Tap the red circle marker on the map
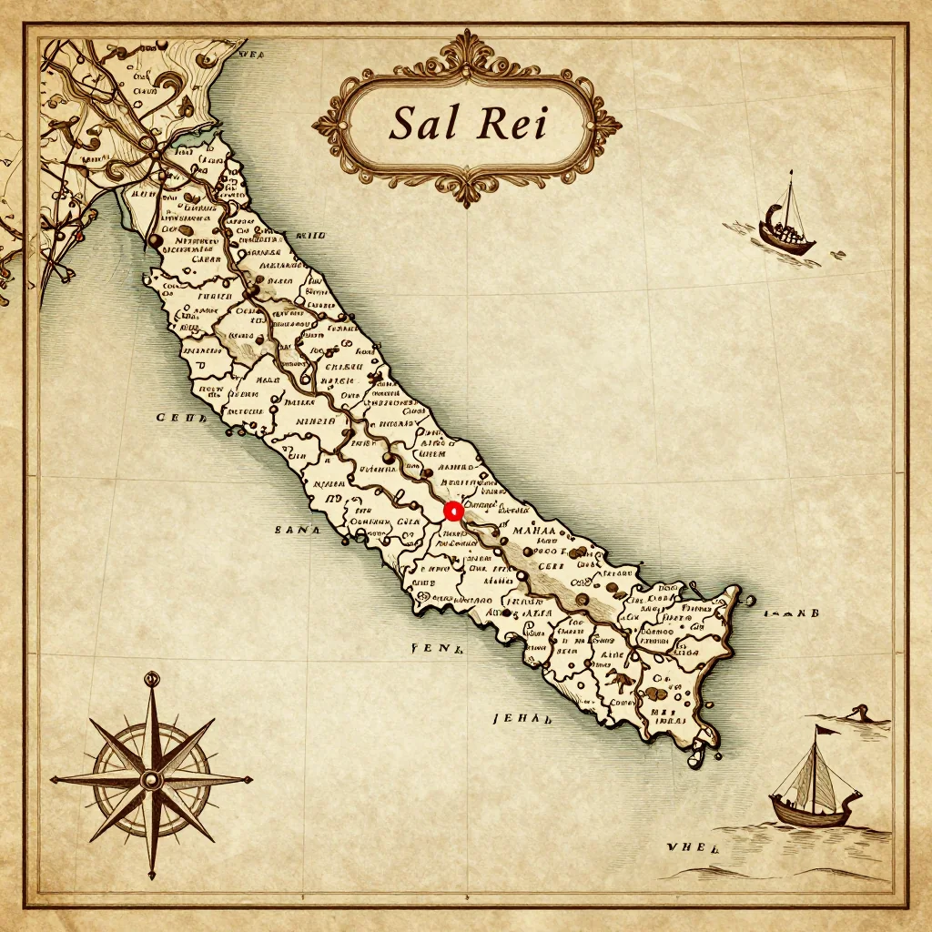tap(453, 512)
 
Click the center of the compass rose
tap(151, 779)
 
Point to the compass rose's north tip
tap(151, 675)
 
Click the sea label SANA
tap(298, 529)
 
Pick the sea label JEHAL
tap(522, 718)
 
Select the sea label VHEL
tap(693, 846)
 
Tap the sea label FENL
tap(439, 649)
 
